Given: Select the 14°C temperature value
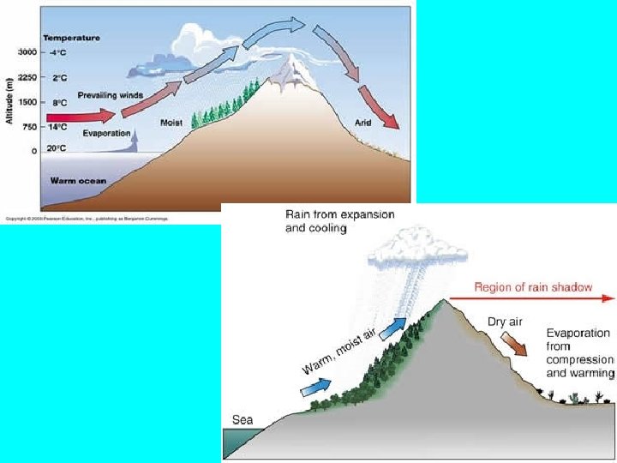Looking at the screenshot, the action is click(57, 126).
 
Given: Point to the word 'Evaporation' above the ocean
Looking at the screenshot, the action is click(106, 134).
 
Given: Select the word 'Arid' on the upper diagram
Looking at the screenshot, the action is click(362, 123).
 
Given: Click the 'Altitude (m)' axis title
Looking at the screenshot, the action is click(9, 99).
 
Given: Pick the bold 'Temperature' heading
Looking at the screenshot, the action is click(71, 38).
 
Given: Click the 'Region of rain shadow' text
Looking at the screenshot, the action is click(533, 287).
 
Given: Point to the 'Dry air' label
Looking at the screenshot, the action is click(505, 322).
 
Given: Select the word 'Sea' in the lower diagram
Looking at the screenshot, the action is click(244, 419).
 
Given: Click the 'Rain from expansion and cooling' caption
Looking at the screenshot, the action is click(339, 221).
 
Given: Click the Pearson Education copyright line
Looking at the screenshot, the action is click(86, 219).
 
